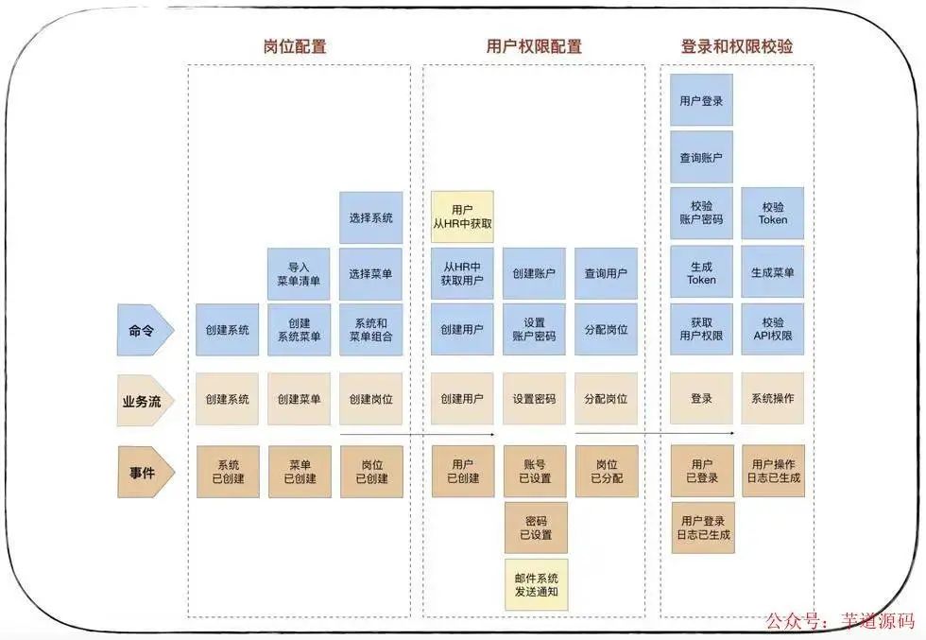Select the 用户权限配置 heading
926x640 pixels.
[x=534, y=46]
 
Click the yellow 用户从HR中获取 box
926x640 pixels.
[x=462, y=216]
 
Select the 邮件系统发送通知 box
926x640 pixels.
[x=535, y=584]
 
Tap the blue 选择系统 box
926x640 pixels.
[x=370, y=217]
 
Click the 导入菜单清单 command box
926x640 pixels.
[x=299, y=272]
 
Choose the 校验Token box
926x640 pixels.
[x=772, y=213]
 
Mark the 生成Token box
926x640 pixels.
[x=701, y=272]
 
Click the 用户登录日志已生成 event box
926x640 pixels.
[x=701, y=528]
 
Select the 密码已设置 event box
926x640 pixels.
[x=535, y=528]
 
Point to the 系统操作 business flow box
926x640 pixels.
[x=772, y=399]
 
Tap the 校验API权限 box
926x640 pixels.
[x=772, y=329]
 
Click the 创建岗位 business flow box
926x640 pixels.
[x=370, y=399]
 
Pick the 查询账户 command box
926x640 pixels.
[x=701, y=157]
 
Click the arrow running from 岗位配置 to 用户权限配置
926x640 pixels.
[x=416, y=435]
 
